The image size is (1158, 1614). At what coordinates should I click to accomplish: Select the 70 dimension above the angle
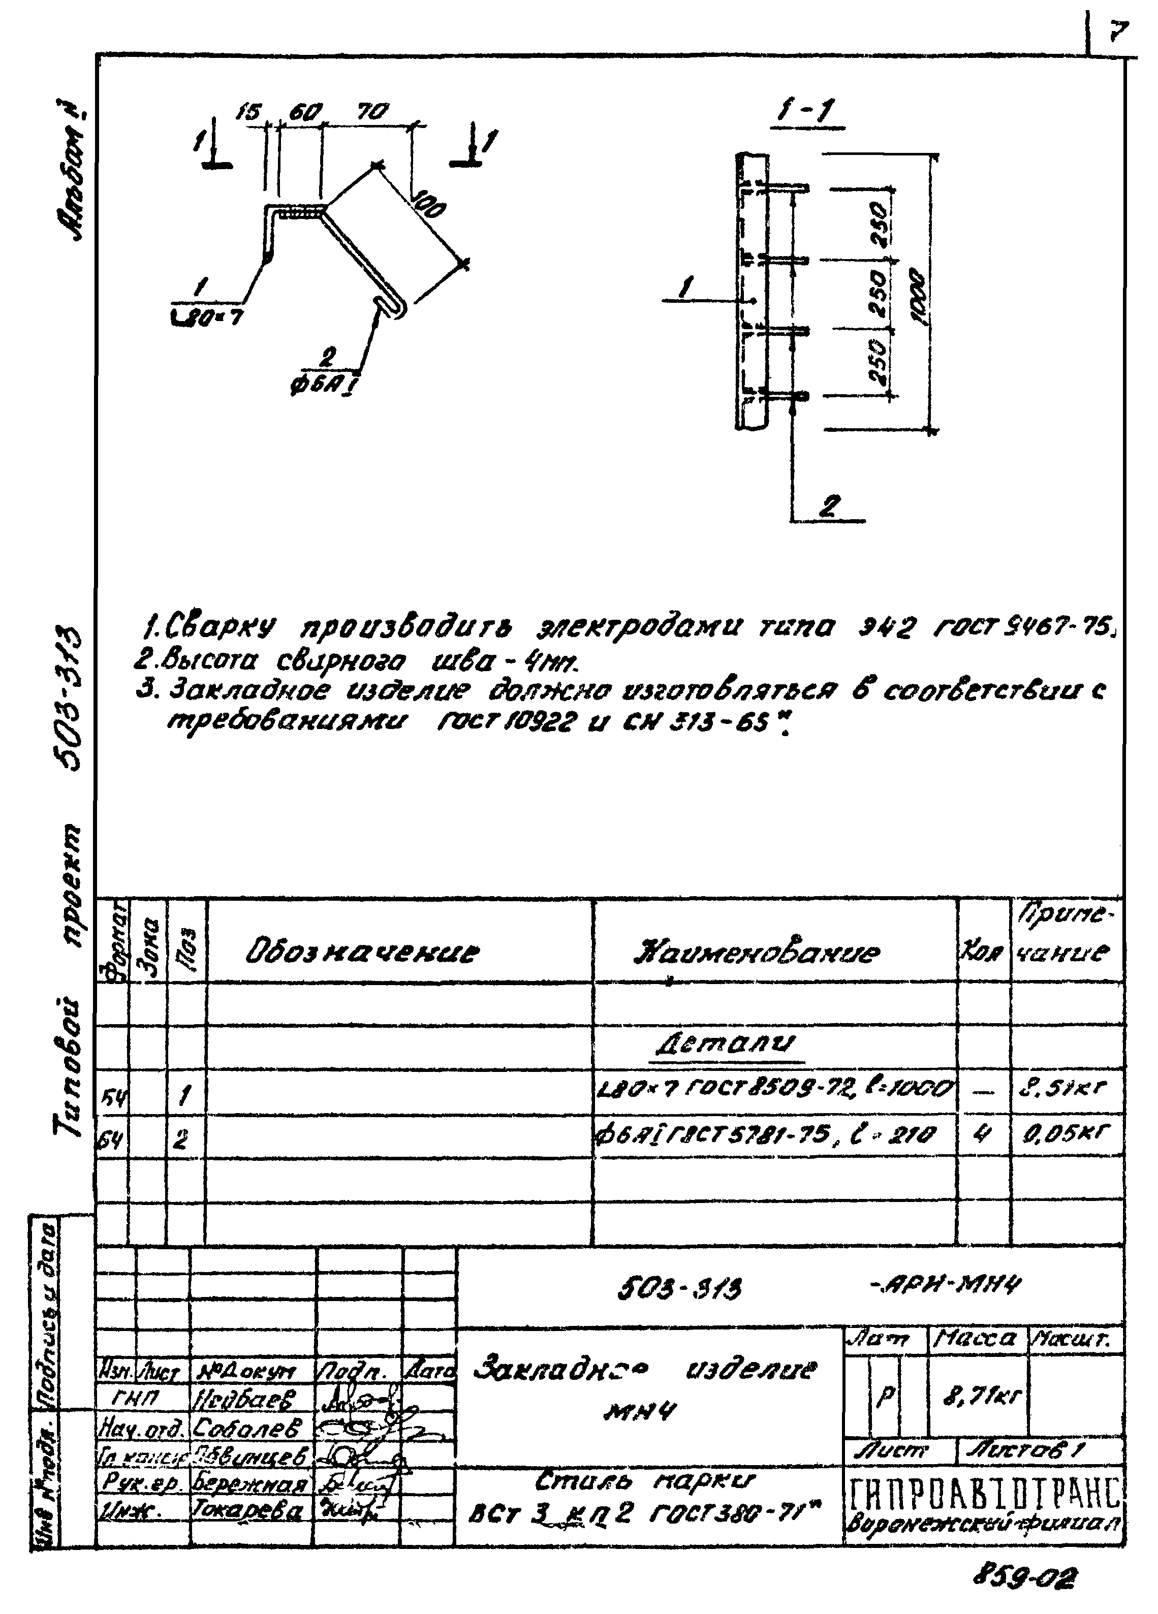(x=372, y=112)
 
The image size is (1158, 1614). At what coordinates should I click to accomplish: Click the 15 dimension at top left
(x=250, y=112)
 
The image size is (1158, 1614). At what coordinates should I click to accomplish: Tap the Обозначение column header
(x=362, y=952)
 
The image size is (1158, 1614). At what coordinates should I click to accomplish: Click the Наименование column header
(x=757, y=952)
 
